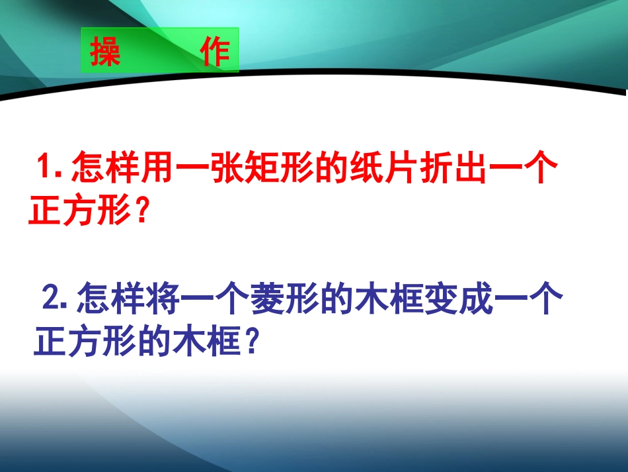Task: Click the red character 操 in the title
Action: (105, 52)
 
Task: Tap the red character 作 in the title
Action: (215, 52)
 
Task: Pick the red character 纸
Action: (368, 167)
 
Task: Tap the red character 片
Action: (402, 167)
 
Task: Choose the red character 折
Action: (437, 167)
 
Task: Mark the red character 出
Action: (471, 167)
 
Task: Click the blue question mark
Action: (251, 341)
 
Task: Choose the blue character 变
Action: (442, 298)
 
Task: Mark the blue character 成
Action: (477, 298)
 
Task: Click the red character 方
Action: (80, 209)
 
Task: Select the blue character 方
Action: (85, 340)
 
